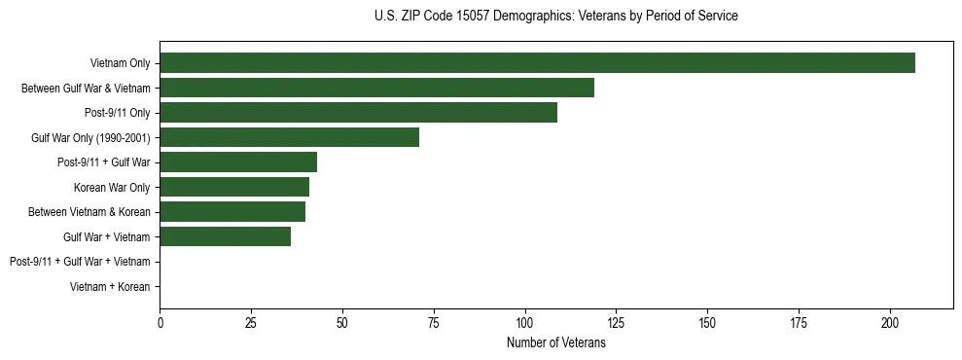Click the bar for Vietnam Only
pyautogui.click(x=537, y=63)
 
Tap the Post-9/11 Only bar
pyautogui.click(x=358, y=113)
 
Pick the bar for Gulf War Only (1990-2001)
pyautogui.click(x=289, y=137)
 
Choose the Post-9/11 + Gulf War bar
pyautogui.click(x=238, y=162)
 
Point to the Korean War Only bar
pyautogui.click(x=234, y=187)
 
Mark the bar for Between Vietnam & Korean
pyautogui.click(x=232, y=212)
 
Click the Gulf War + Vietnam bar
pyautogui.click(x=225, y=236)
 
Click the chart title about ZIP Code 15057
pyautogui.click(x=555, y=17)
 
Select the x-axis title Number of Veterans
pyautogui.click(x=555, y=343)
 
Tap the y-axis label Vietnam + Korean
pyautogui.click(x=110, y=287)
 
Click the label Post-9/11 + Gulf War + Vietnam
pyautogui.click(x=80, y=262)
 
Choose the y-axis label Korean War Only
pyautogui.click(x=112, y=187)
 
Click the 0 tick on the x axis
pyautogui.click(x=160, y=323)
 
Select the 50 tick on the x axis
pyautogui.click(x=342, y=323)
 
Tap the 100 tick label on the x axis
pyautogui.click(x=525, y=323)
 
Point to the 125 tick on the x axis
pyautogui.click(x=617, y=323)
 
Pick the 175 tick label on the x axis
pyautogui.click(x=799, y=323)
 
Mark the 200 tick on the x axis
pyautogui.click(x=890, y=323)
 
